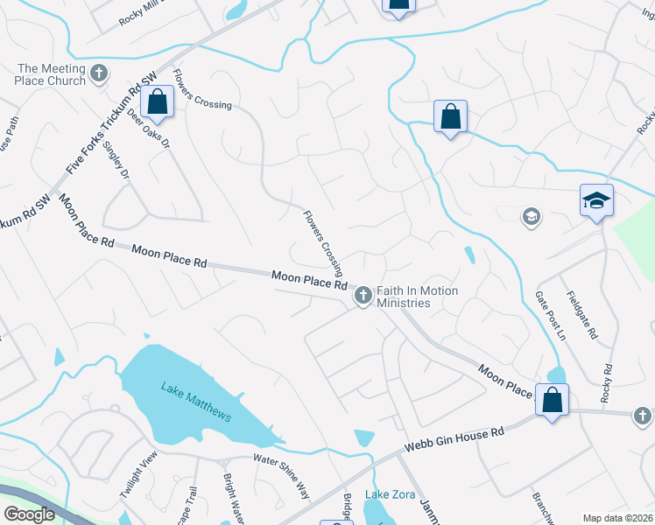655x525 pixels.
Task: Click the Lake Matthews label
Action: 196,402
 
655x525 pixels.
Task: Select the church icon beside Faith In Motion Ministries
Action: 363,297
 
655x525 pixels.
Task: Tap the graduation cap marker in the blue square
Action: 596,200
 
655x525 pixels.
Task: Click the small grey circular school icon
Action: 530,216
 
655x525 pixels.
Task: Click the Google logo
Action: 29,514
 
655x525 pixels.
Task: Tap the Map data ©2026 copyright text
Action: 618,518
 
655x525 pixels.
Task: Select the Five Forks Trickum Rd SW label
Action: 104,123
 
